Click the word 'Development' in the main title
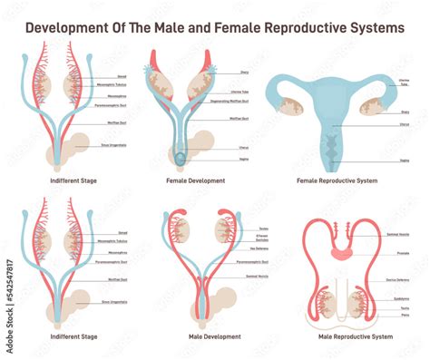pyautogui.click(x=65, y=27)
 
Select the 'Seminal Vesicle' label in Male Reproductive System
pyautogui.click(x=403, y=235)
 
